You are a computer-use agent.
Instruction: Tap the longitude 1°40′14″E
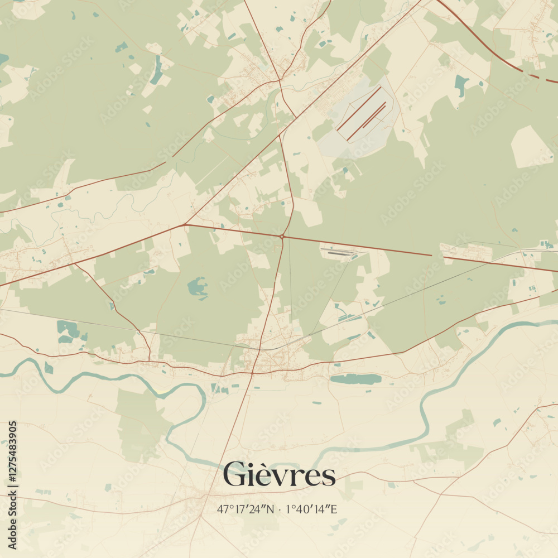(x=311, y=509)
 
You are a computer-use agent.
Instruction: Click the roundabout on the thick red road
(x=282, y=237)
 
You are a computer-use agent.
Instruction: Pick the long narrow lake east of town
(x=355, y=379)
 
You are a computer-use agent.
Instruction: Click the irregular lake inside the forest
(x=198, y=287)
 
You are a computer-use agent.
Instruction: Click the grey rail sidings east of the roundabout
(x=340, y=253)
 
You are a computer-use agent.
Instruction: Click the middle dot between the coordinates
(x=280, y=509)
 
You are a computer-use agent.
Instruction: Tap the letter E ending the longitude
(x=334, y=509)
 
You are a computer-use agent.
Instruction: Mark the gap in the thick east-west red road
(x=439, y=256)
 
